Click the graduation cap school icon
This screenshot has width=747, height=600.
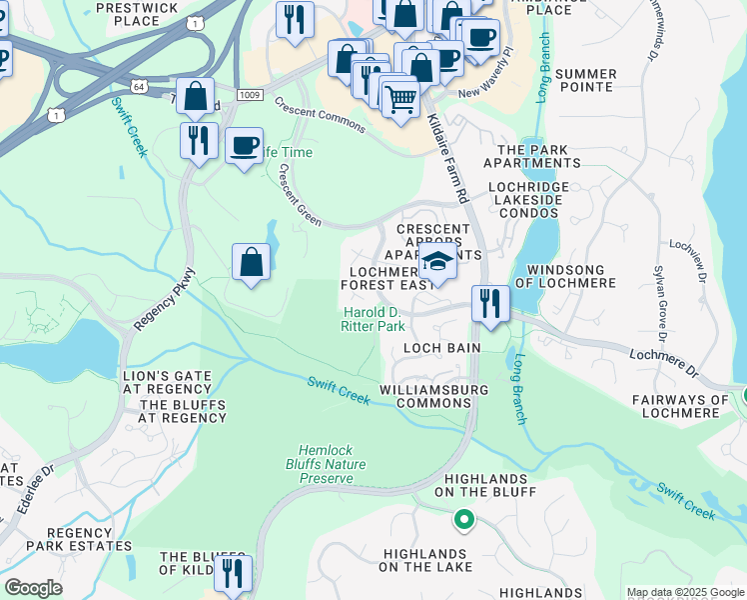pyautogui.click(x=436, y=262)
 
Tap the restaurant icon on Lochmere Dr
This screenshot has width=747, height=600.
pyautogui.click(x=489, y=302)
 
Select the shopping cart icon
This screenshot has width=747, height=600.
pyautogui.click(x=400, y=99)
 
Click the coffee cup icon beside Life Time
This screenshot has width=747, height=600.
pyautogui.click(x=244, y=147)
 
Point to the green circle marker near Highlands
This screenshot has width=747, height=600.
pyautogui.click(x=463, y=519)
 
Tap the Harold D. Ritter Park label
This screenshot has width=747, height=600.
pyautogui.click(x=373, y=319)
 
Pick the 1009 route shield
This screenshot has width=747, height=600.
pyautogui.click(x=250, y=94)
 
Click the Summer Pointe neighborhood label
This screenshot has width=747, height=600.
pyautogui.click(x=585, y=80)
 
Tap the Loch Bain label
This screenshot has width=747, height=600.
pyautogui.click(x=441, y=347)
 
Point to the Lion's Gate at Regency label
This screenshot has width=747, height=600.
pyautogui.click(x=168, y=381)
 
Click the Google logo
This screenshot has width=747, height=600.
pyautogui.click(x=33, y=588)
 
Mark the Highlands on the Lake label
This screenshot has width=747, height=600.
pyautogui.click(x=423, y=560)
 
